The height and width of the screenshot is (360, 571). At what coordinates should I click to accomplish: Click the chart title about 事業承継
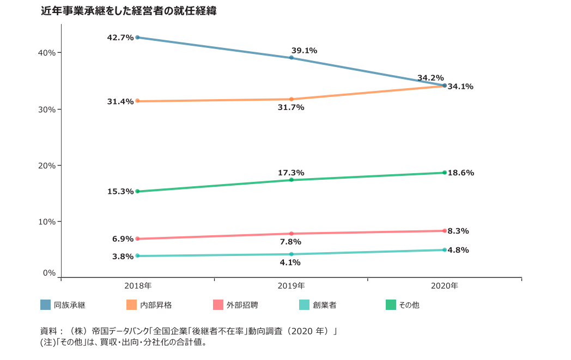pyautogui.click(x=129, y=10)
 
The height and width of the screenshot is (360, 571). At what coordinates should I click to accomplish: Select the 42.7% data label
pyautogui.click(x=120, y=38)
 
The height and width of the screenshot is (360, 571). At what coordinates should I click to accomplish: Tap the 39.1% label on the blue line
pyautogui.click(x=304, y=51)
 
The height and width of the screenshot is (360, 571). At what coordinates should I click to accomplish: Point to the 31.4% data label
pyautogui.click(x=120, y=101)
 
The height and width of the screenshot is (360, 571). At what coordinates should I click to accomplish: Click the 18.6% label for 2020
pyautogui.click(x=461, y=173)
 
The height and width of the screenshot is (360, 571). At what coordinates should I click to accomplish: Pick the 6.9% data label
pyautogui.click(x=123, y=239)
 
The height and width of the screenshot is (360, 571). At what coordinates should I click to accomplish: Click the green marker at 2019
pyautogui.click(x=291, y=180)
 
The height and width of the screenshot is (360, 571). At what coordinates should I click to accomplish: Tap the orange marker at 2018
pyautogui.click(x=137, y=101)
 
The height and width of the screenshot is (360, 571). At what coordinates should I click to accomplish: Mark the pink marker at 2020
pyautogui.click(x=445, y=230)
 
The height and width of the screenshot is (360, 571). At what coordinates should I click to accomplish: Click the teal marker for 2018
pyautogui.click(x=137, y=256)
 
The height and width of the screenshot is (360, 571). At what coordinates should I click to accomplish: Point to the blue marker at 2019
pyautogui.click(x=291, y=57)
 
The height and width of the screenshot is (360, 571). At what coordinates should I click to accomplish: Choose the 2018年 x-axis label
pyautogui.click(x=138, y=285)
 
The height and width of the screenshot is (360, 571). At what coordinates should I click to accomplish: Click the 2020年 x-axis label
pyautogui.click(x=445, y=285)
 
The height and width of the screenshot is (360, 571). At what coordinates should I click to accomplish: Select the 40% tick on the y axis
pyautogui.click(x=47, y=53)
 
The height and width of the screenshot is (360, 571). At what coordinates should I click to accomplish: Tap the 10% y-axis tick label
pyautogui.click(x=47, y=222)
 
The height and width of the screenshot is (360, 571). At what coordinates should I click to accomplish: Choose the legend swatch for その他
pyautogui.click(x=391, y=305)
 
